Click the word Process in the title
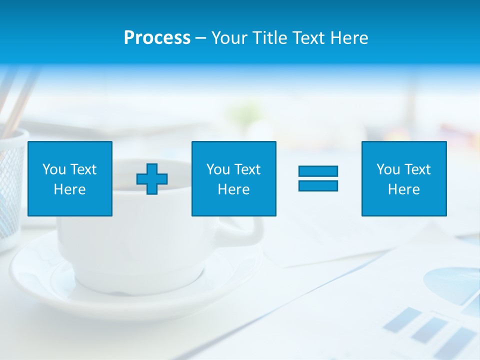coord(157,38)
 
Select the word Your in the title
coord(230,38)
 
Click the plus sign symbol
coord(152,179)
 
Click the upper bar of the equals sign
coord(318,171)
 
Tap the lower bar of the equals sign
coord(318,185)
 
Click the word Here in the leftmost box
coord(69,189)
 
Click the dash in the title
coord(201,38)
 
